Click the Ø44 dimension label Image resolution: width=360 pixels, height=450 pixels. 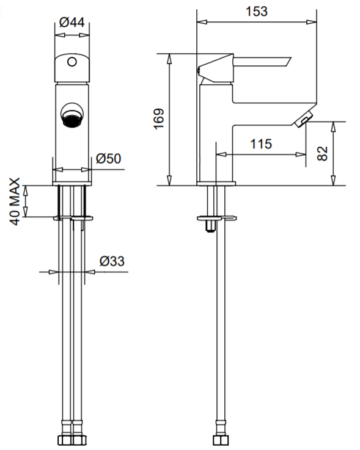(x=72, y=23)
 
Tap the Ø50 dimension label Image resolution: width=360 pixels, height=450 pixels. (x=108, y=158)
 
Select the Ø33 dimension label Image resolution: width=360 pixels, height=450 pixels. (x=112, y=261)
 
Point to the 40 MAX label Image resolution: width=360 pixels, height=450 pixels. (x=15, y=201)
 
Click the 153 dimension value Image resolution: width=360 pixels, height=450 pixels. (x=257, y=12)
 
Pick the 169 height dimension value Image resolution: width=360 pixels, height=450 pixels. (x=159, y=119)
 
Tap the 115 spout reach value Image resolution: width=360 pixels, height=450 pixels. (x=261, y=143)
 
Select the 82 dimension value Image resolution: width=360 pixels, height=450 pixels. (x=323, y=153)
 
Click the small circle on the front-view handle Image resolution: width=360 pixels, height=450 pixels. (x=72, y=62)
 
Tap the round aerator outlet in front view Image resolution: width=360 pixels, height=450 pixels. (x=72, y=115)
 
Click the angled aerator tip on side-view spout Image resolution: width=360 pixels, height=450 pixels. (x=303, y=119)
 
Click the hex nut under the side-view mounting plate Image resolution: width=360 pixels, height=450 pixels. (x=211, y=225)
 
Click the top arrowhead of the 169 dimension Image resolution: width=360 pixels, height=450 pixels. (x=169, y=59)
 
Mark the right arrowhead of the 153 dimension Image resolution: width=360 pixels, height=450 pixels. (x=312, y=22)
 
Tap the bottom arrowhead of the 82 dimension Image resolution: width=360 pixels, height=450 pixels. (x=333, y=180)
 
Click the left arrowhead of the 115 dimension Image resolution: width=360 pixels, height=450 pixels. (x=221, y=154)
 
